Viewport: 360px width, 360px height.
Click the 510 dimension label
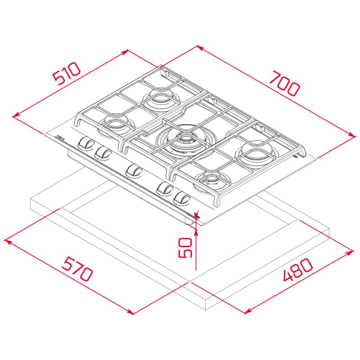[x=66, y=76]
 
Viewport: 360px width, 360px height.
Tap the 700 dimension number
[x=284, y=83]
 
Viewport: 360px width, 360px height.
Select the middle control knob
[x=134, y=172]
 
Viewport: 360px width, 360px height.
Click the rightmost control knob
[x=181, y=199]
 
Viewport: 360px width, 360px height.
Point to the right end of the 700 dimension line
[x=355, y=136]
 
